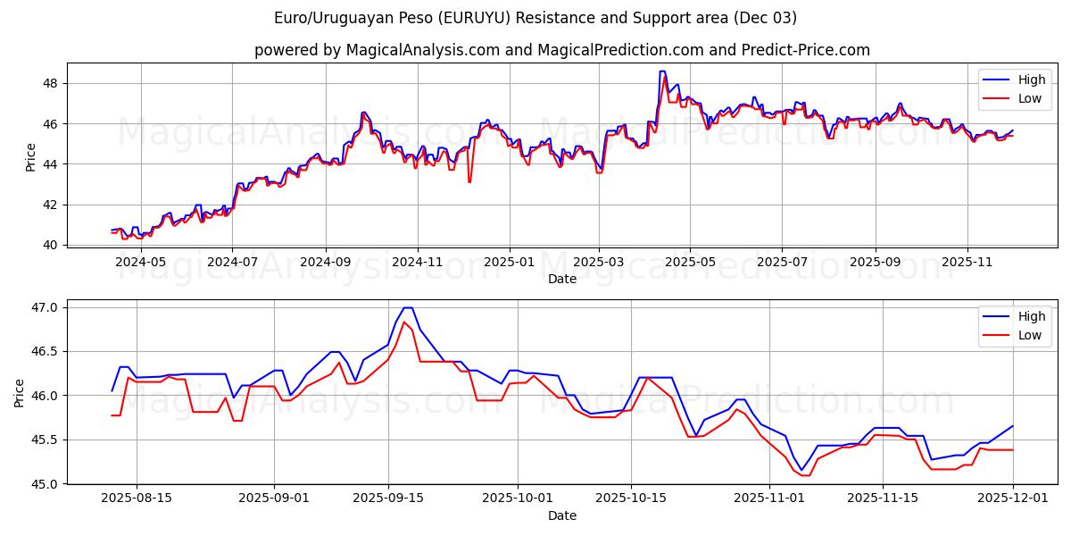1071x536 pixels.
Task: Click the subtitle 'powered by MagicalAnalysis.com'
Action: click(561, 50)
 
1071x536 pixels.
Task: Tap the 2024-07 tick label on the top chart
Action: click(232, 263)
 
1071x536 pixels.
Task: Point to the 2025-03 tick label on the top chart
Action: click(599, 263)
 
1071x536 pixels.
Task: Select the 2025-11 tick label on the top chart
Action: click(967, 263)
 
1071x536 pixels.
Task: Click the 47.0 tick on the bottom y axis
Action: click(45, 307)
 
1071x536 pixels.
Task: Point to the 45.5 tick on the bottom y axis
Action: click(45, 440)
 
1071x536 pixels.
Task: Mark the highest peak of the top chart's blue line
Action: click(661, 71)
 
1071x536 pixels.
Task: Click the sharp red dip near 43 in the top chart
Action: click(469, 182)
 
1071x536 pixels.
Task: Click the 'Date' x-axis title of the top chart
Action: click(561, 279)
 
